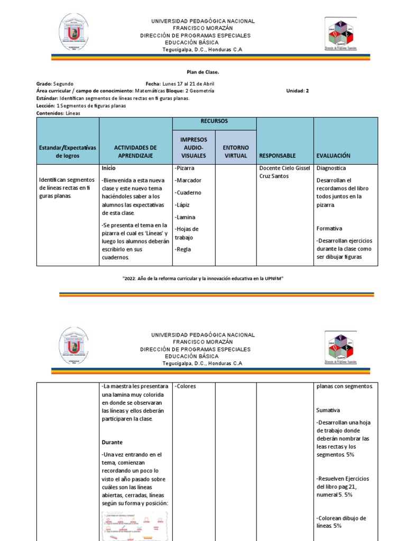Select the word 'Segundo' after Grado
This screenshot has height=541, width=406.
63,83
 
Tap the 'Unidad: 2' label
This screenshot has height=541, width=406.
297,91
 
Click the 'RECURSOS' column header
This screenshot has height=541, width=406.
214,121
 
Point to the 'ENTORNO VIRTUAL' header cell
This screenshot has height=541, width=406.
236,152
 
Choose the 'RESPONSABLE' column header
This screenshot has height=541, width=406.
278,156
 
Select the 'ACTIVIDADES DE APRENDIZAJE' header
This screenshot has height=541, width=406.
135,152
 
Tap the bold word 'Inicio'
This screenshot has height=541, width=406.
109,167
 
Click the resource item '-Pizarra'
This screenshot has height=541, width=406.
184,168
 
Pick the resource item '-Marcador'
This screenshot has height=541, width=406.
188,180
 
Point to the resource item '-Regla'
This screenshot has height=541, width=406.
183,249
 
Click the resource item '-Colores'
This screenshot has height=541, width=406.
185,386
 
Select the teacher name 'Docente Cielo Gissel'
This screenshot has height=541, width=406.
284,168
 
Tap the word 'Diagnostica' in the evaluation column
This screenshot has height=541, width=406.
331,168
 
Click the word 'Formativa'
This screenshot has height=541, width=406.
329,229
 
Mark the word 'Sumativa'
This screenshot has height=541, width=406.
328,410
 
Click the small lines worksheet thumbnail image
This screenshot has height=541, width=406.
135,526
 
